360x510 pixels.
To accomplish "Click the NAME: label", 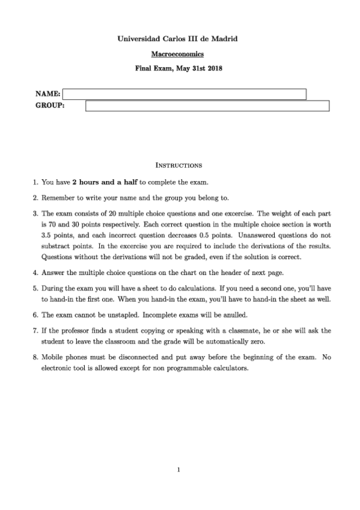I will (48, 94).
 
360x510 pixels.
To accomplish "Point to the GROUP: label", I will (50, 106).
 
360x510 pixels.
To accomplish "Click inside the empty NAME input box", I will (185, 94).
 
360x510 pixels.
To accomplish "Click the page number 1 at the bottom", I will (179, 470).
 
